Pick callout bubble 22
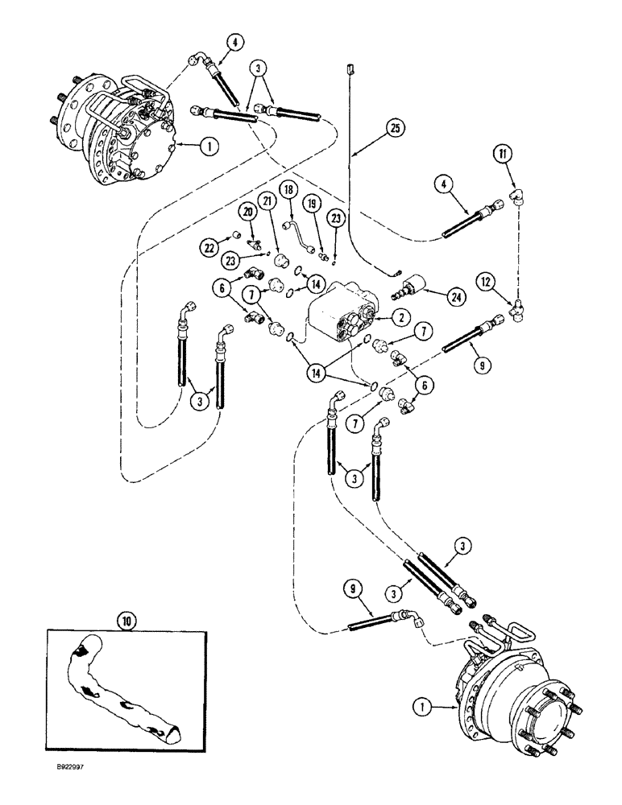(209, 248)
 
